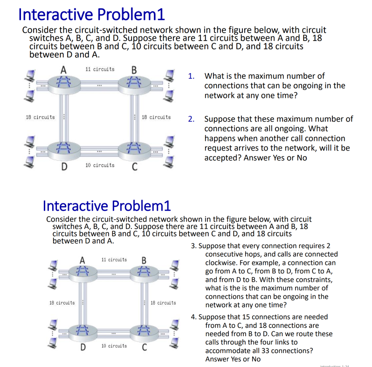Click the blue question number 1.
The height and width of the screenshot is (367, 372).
191,76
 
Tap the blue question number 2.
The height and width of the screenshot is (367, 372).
191,118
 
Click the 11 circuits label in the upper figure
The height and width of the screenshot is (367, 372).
100,69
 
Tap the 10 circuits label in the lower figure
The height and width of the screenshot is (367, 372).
114,346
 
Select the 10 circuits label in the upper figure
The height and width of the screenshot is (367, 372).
100,165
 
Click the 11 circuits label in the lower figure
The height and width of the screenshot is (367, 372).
114,259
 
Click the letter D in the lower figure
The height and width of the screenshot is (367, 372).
83,347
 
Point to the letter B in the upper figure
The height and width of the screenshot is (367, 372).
134,70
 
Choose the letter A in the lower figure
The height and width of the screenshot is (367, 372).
83,260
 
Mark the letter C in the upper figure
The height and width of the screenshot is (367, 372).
134,167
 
